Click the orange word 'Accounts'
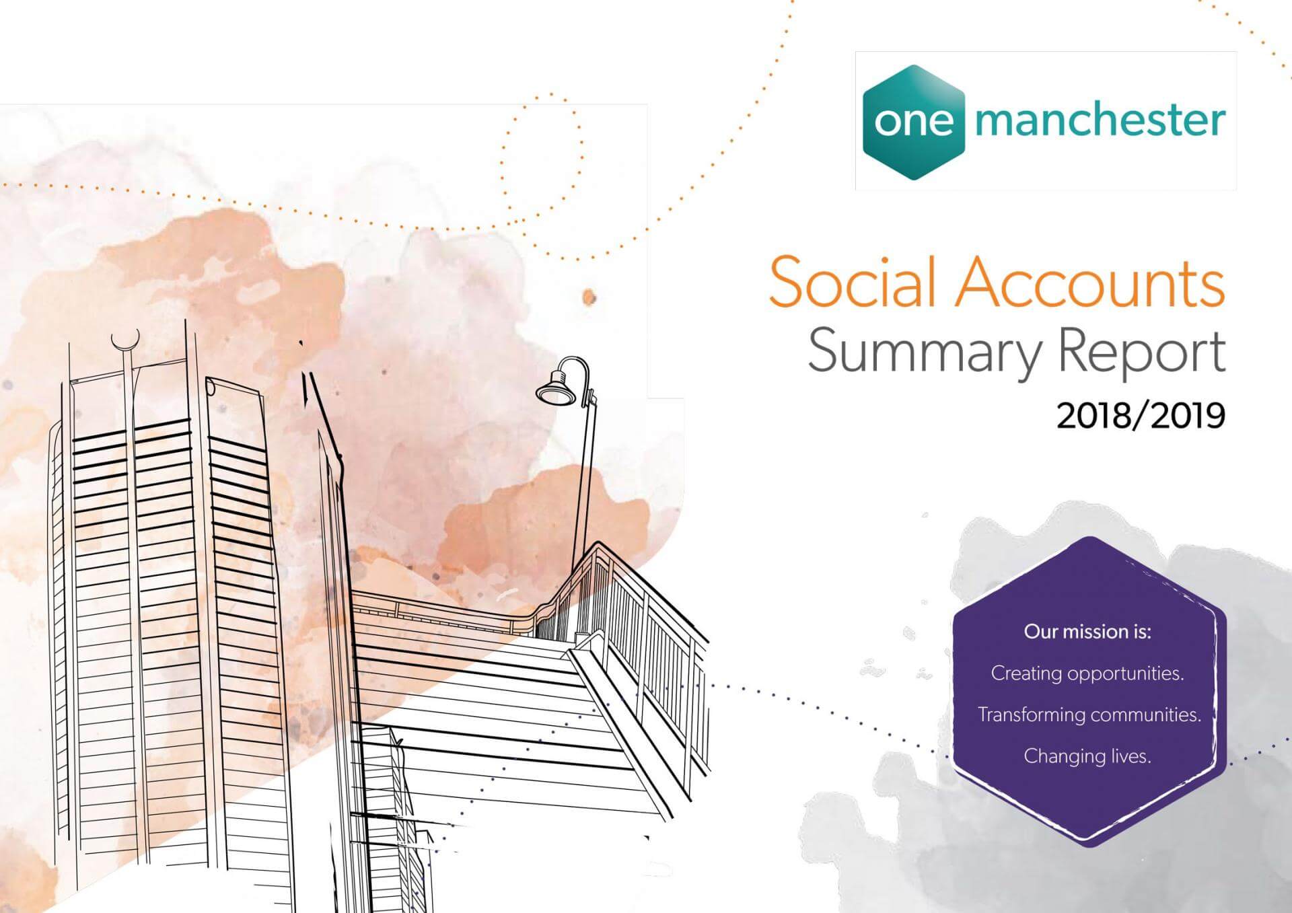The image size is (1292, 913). [x=1091, y=283]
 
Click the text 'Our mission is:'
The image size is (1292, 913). [x=1087, y=632]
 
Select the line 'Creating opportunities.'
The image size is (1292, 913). [x=1087, y=673]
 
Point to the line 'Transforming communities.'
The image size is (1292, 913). [x=1089, y=715]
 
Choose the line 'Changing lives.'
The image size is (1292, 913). [x=1087, y=756]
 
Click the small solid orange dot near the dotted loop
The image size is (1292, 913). [x=589, y=297]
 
